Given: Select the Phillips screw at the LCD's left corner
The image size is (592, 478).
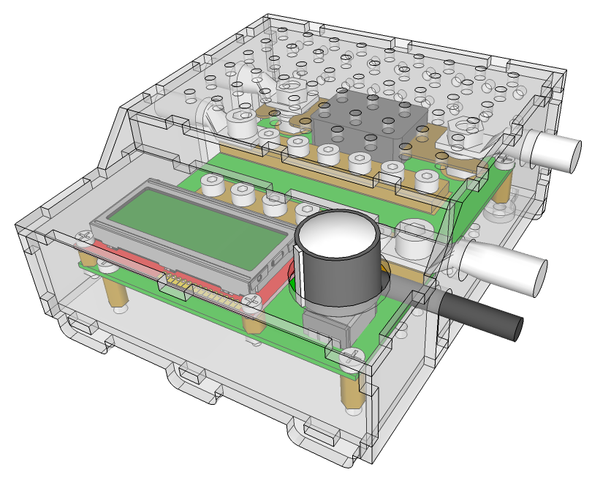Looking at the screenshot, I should click(x=84, y=236).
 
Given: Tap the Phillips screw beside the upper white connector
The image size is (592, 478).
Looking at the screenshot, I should click(x=505, y=162).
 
